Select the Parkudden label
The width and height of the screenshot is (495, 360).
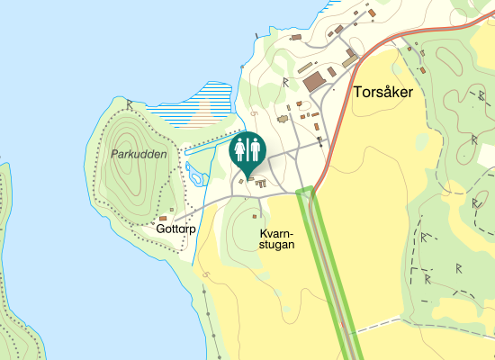(139, 154)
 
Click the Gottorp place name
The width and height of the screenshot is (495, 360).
(175, 229)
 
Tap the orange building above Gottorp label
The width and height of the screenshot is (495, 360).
(163, 217)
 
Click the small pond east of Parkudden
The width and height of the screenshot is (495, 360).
(191, 170)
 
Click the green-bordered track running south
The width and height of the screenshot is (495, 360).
(328, 270)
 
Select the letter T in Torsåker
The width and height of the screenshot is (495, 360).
(359, 93)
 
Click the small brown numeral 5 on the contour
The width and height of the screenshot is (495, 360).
(255, 113)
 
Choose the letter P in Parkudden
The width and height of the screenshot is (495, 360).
(115, 154)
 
